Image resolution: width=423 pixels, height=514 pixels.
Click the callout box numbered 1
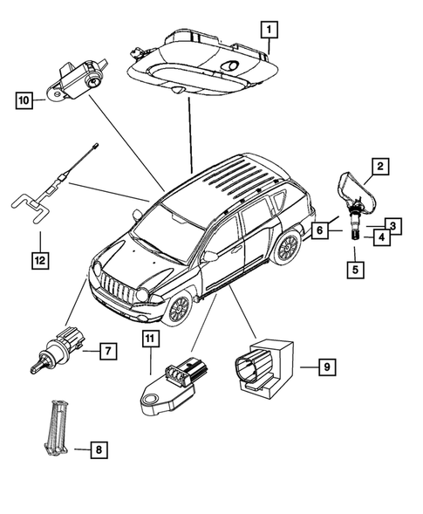[270, 30]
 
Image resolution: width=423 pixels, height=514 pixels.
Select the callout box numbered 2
[379, 165]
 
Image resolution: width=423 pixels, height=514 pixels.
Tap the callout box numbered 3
[393, 226]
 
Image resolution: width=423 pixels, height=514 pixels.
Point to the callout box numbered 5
[354, 270]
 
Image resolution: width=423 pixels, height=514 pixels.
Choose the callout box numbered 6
[319, 230]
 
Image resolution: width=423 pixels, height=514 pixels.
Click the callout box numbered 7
[107, 352]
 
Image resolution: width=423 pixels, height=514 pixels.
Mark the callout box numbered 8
[99, 450]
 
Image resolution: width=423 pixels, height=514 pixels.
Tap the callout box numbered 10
[24, 101]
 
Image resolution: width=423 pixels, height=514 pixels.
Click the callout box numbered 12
[39, 259]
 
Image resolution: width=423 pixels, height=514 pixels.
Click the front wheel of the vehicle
[178, 306]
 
